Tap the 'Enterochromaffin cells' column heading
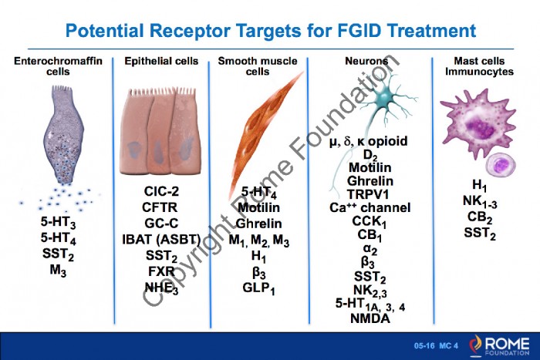[53, 66]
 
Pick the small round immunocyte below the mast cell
[501, 164]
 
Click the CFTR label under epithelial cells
[160, 207]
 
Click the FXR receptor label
[160, 271]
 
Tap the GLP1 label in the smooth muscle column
[258, 288]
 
